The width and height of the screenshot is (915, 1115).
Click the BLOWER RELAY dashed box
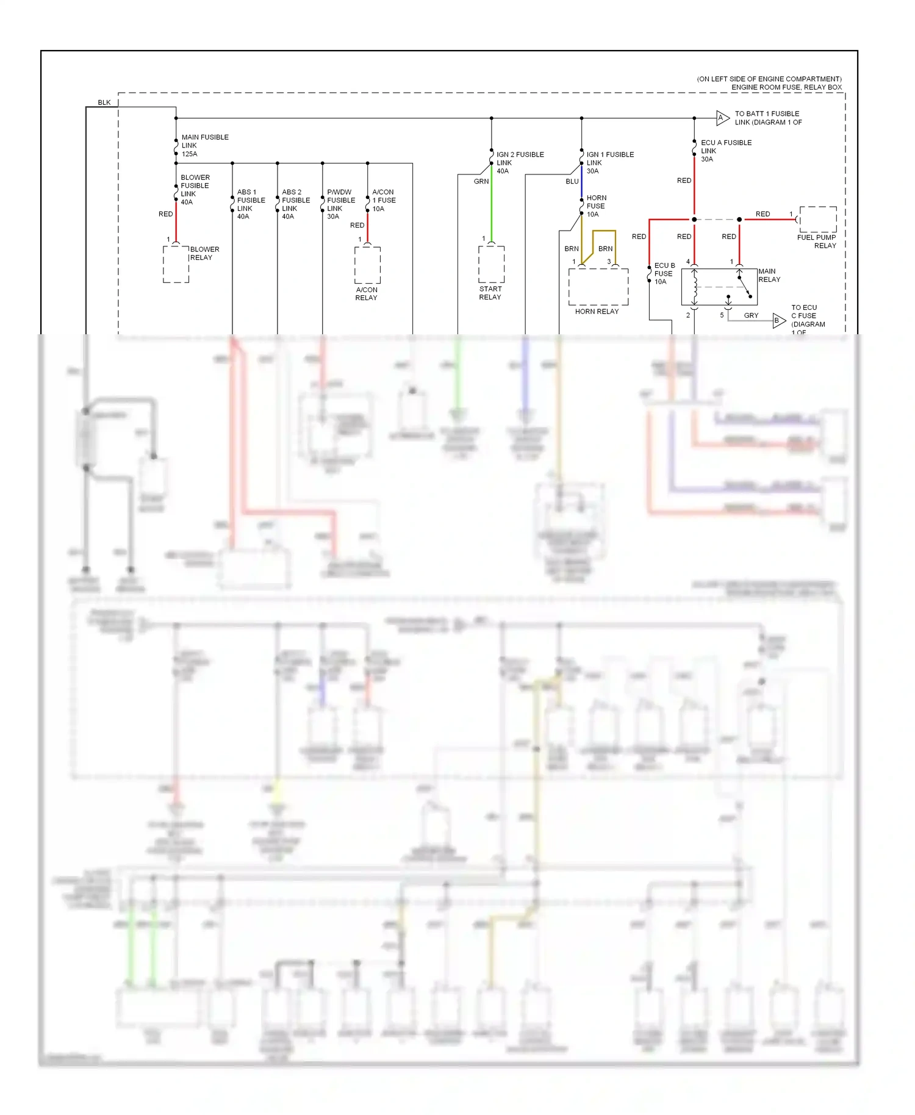pos(176,264)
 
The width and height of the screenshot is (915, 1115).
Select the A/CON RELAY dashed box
pos(367,265)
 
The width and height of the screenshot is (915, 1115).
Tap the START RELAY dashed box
pos(491,264)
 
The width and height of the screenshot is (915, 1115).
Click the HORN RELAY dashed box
pos(598,287)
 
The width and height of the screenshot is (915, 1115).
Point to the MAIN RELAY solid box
pos(719,287)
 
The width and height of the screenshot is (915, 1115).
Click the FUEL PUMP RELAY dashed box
pos(818,220)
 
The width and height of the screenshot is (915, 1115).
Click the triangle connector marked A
pos(722,118)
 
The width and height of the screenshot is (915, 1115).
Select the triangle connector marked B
pos(778,320)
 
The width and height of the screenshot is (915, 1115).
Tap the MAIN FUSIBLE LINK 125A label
pos(204,146)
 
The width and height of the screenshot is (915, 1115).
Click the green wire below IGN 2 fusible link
pos(491,207)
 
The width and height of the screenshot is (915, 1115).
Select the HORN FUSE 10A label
pos(596,206)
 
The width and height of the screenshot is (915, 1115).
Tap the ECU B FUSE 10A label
pos(664,273)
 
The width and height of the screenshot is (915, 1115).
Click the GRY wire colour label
pos(751,315)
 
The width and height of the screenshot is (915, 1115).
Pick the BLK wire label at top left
pos(104,102)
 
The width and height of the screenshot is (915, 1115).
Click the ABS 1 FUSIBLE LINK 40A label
pos(250,204)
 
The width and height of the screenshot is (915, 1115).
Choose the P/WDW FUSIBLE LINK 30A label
pos(340,204)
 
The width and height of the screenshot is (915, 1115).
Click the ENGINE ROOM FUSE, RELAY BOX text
pos(786,87)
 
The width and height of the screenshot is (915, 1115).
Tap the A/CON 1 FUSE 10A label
pos(384,200)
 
